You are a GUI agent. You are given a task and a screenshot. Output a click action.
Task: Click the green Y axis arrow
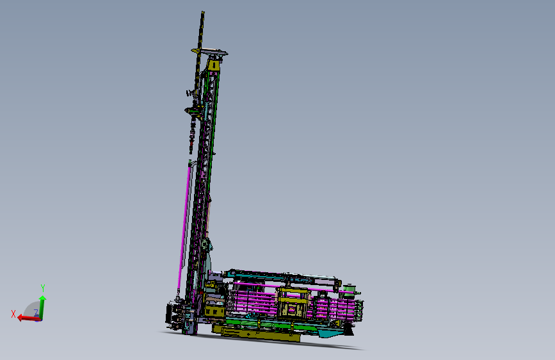(42, 306)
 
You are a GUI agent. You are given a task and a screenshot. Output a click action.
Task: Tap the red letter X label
(13, 313)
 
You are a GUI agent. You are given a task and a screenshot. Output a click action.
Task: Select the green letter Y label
(42, 288)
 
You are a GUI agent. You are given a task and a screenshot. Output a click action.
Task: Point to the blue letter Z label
(36, 313)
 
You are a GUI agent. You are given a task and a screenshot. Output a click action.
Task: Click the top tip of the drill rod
(202, 13)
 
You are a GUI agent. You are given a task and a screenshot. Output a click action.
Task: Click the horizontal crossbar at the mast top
(209, 51)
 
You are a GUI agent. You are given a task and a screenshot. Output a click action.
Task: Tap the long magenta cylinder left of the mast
(184, 224)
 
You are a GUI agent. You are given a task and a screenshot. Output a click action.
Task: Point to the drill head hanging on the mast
(193, 111)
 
